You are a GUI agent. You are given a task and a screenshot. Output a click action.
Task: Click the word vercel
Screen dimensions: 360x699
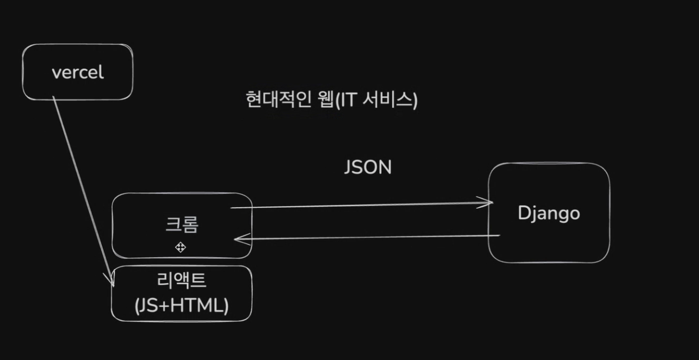pos(77,73)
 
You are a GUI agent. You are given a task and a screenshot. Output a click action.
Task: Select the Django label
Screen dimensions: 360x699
pos(548,213)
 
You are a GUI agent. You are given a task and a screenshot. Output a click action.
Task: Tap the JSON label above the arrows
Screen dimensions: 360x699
pos(367,167)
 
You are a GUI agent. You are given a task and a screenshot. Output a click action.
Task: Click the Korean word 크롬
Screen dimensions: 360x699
pos(182,224)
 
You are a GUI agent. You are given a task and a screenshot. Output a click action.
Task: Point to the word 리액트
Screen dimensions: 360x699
pos(182,280)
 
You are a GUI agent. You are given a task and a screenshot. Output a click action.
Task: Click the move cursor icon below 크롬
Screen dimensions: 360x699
pos(181,247)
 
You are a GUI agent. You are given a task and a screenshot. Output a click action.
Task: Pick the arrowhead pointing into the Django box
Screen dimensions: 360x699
pos(489,202)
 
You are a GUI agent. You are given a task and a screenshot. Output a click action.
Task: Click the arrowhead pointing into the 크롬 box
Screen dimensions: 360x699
pos(238,239)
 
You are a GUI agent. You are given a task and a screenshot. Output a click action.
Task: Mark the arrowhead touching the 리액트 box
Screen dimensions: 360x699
pos(111,281)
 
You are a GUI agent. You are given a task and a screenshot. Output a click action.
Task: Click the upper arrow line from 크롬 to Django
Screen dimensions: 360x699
pos(361,206)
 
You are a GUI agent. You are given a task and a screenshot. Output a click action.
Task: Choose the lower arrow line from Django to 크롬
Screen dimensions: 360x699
pos(367,237)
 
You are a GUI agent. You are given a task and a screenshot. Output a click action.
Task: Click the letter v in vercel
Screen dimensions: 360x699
pos(55,73)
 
